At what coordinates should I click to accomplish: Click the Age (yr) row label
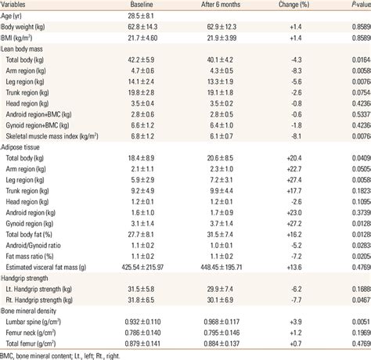[x=17, y=16]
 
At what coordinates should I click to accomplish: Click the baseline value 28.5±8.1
[x=150, y=16]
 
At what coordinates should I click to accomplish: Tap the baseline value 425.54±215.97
[x=150, y=266]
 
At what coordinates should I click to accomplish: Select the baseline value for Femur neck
[x=150, y=332]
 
